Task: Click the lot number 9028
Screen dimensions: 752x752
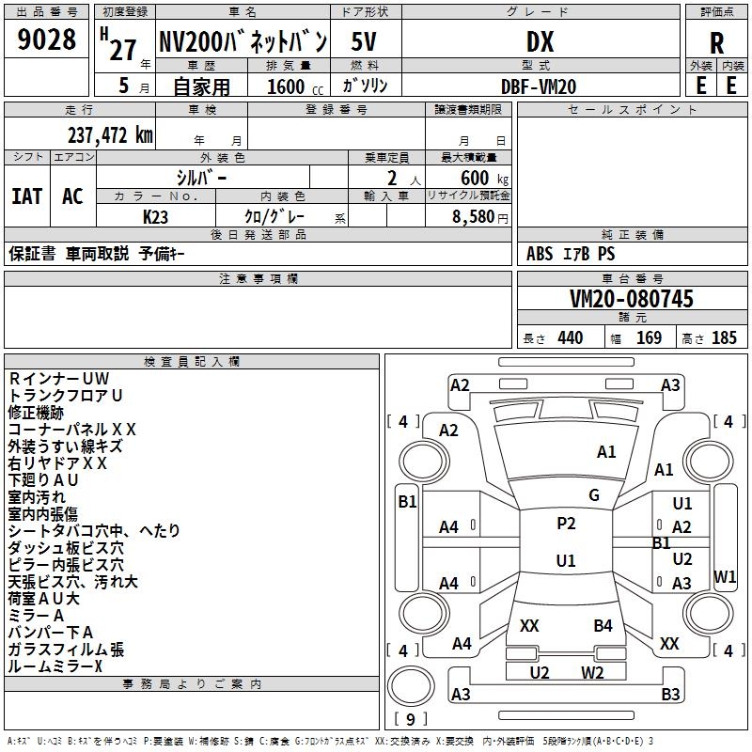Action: click(47, 40)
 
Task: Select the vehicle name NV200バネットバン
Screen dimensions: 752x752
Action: click(242, 42)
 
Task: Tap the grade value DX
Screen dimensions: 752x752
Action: click(540, 42)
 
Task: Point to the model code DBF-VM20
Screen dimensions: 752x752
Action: click(540, 86)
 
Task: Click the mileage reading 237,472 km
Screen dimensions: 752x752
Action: click(109, 134)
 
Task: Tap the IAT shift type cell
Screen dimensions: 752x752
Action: click(26, 196)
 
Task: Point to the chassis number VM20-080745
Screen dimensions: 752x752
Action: click(632, 300)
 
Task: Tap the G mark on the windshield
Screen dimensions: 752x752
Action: click(593, 495)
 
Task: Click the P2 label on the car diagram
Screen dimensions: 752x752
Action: click(566, 524)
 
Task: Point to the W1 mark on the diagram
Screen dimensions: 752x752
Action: click(725, 575)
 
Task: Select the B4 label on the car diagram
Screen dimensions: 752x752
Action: click(603, 625)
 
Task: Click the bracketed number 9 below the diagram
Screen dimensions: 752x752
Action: click(409, 720)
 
